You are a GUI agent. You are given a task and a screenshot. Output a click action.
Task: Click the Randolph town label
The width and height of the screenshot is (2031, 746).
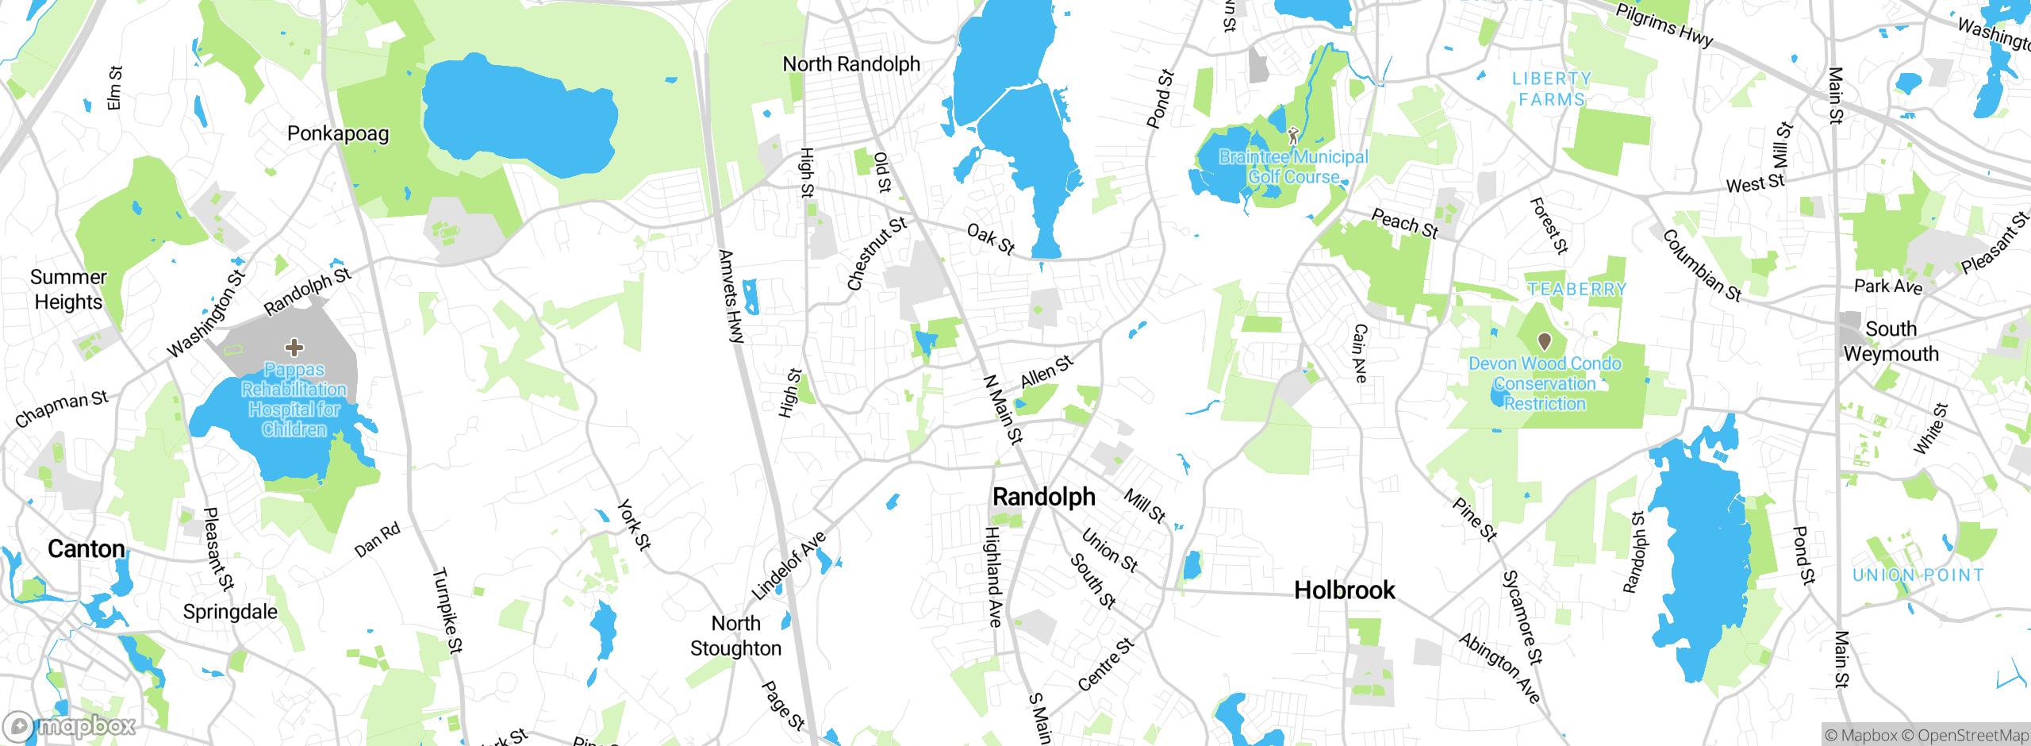click(1043, 497)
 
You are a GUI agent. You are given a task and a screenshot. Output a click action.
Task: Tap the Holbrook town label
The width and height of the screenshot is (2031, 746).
click(1344, 590)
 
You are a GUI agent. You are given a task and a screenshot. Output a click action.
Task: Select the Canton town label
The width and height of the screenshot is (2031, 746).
click(86, 549)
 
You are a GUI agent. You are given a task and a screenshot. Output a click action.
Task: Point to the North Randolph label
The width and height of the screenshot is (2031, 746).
click(850, 64)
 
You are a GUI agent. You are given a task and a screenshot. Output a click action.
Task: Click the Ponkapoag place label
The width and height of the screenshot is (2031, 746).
click(338, 133)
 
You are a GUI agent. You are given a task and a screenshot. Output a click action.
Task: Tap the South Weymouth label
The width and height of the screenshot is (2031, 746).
click(1891, 341)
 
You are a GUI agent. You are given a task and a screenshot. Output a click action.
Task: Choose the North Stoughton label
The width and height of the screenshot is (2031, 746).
click(735, 636)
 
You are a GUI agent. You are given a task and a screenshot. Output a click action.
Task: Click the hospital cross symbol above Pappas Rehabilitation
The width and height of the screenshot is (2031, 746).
click(294, 347)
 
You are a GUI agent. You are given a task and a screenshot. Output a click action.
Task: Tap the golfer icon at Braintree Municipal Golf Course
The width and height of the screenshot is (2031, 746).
click(1293, 136)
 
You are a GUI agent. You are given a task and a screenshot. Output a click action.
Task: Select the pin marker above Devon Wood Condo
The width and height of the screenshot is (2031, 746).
click(1544, 341)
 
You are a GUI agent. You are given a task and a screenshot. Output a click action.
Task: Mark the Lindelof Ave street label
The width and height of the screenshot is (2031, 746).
click(789, 565)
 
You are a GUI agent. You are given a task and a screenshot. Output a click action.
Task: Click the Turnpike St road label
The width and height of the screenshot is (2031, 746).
click(447, 610)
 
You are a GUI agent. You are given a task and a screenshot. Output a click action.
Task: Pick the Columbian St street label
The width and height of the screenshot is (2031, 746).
click(1701, 265)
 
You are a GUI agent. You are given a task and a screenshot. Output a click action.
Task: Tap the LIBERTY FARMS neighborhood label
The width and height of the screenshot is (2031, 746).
click(1551, 89)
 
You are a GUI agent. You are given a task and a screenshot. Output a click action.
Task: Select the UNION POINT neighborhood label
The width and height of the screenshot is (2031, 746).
click(1917, 575)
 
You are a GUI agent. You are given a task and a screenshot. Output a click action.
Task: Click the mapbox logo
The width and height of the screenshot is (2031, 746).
click(70, 725)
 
